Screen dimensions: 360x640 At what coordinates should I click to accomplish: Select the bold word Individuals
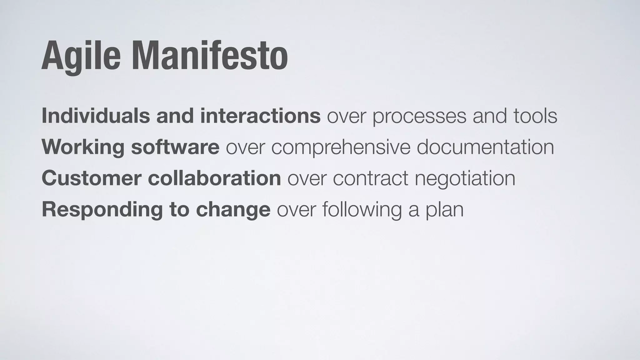point(96,116)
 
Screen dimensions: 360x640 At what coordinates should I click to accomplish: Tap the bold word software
point(175,147)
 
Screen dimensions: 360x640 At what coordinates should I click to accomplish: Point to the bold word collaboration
point(214,178)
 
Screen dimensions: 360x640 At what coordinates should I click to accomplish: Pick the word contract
point(370,178)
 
